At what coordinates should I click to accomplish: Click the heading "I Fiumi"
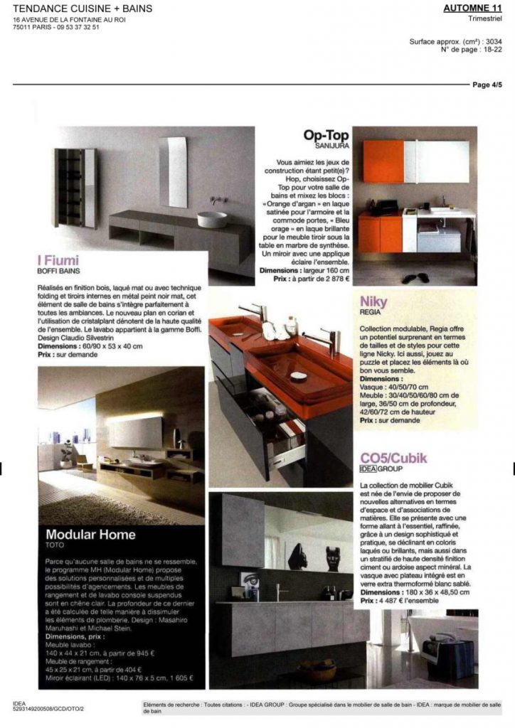(x=59, y=260)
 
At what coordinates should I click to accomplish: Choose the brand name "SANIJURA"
(x=325, y=146)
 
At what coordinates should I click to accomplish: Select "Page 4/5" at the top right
(x=487, y=85)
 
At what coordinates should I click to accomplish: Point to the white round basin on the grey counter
(x=212, y=218)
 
